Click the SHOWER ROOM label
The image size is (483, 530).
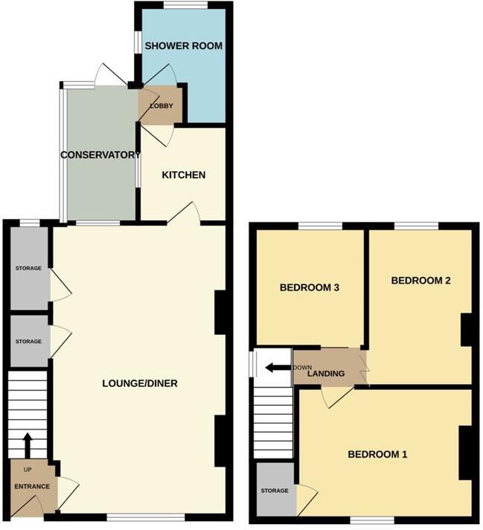point(183,45)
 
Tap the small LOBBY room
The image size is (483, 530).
point(161,106)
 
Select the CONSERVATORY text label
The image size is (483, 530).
point(100,155)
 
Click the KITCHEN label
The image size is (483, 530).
point(184,175)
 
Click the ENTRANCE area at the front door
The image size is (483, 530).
point(32,486)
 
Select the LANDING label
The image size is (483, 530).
point(327,373)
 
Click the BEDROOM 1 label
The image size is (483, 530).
point(377,454)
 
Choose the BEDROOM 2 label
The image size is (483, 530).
point(421,281)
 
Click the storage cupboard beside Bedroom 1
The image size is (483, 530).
point(275,491)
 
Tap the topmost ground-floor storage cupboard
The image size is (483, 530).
point(28,268)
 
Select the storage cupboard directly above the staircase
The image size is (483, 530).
point(28,341)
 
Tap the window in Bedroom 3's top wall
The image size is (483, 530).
point(320,226)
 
